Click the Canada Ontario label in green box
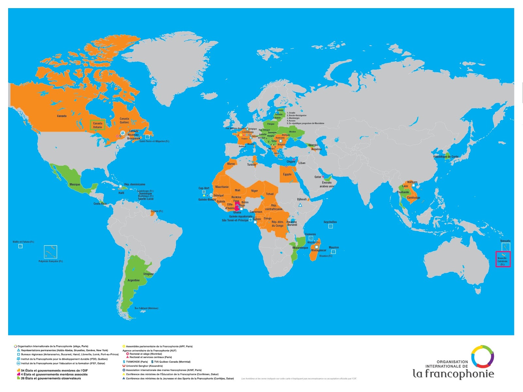point(97,125)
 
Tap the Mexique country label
point(75,185)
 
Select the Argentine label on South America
point(133,280)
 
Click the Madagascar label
point(318,250)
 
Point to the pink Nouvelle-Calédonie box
point(503,259)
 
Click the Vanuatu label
point(505,241)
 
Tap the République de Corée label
point(446,157)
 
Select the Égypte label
point(287,174)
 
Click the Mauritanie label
point(222,187)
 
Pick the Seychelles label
point(330,222)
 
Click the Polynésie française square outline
point(51,252)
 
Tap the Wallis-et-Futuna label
point(23,242)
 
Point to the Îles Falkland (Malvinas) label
point(146,308)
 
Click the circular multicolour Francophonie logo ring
point(482,357)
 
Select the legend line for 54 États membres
point(54,370)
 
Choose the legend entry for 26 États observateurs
point(51,378)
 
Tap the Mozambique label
point(300,248)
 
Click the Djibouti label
point(302,199)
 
